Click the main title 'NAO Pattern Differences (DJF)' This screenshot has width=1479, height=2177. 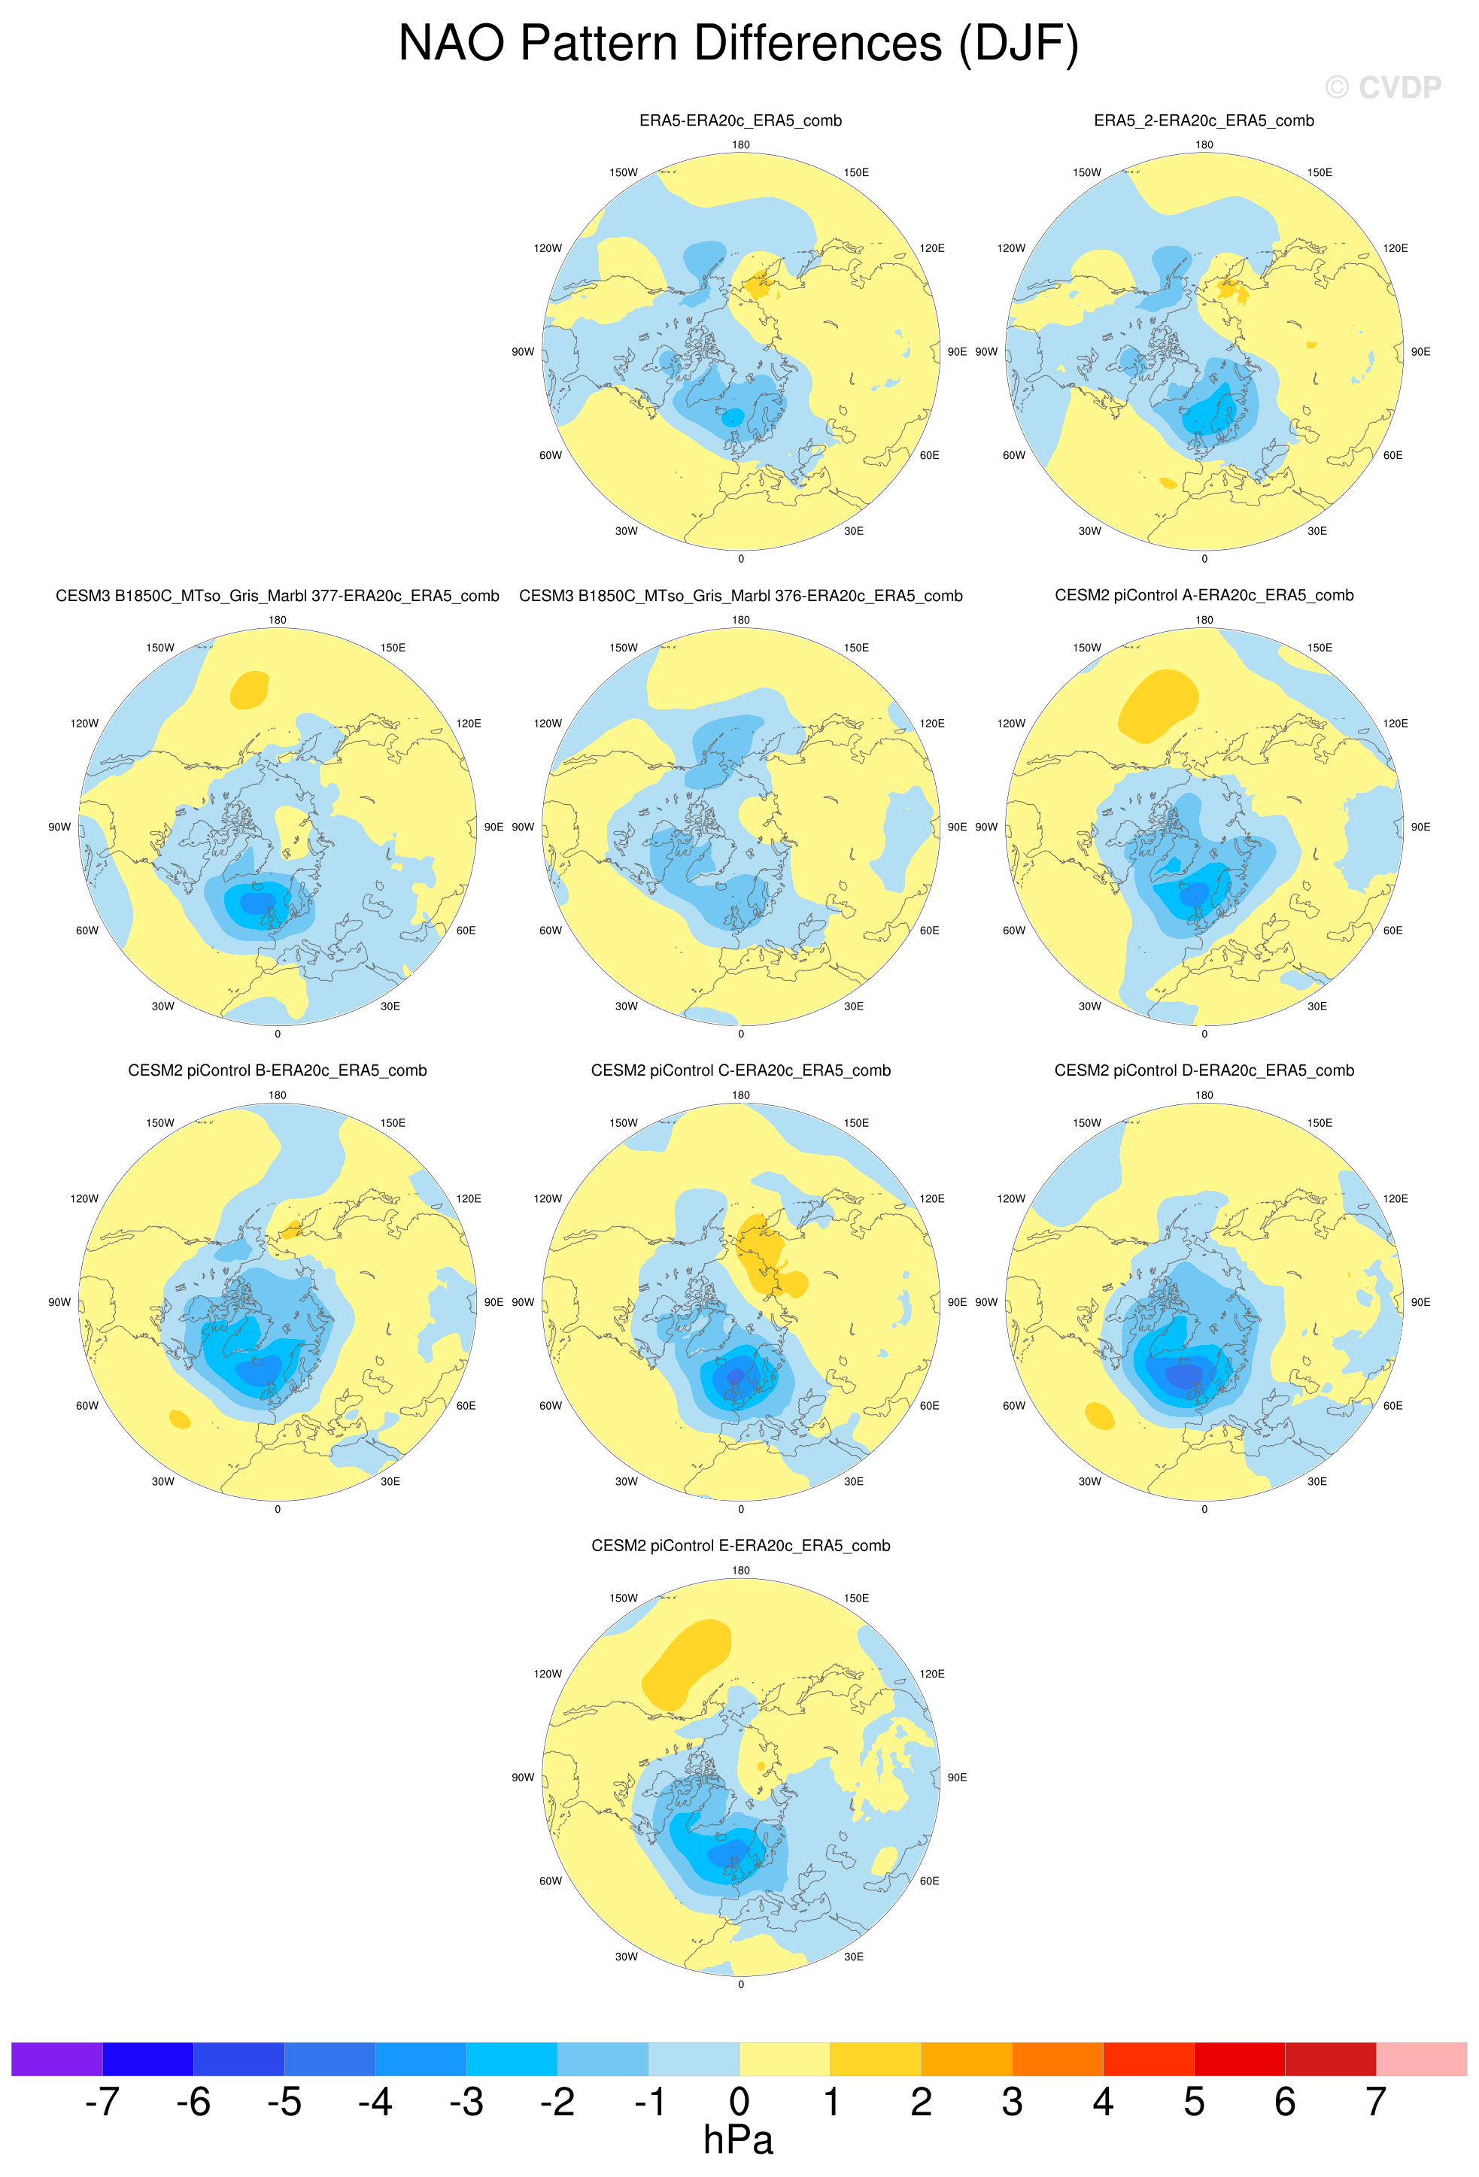(739, 44)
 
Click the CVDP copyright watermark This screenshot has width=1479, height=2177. (1383, 87)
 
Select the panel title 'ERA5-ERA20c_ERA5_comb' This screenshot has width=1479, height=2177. (740, 121)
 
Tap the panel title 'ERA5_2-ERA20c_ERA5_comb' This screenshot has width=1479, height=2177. (1204, 121)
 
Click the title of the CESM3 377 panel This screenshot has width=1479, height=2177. (278, 596)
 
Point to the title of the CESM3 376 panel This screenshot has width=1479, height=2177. (740, 596)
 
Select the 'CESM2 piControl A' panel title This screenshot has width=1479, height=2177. (1204, 595)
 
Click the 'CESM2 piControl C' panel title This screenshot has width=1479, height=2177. (740, 1070)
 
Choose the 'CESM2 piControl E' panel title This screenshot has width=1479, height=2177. (740, 1546)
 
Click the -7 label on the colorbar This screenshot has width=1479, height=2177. (102, 2101)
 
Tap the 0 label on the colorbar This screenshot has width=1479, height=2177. (739, 2101)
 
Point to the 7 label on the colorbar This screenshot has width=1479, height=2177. (1375, 2101)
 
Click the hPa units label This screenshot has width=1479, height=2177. (738, 2139)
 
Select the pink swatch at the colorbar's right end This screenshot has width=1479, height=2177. (1421, 2059)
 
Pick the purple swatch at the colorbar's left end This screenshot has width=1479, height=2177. (56, 2059)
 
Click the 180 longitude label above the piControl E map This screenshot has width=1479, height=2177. (740, 1570)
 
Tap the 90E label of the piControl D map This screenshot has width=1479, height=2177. (1420, 1302)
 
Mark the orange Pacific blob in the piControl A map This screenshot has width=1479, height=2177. (1158, 706)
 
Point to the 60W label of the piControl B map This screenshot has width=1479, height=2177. (87, 1405)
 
